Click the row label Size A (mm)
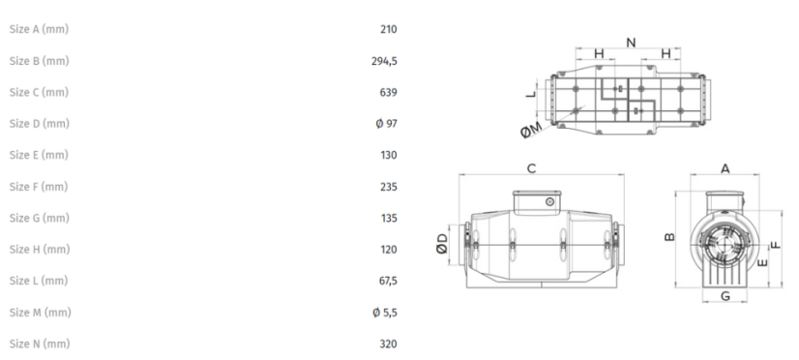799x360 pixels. coord(39,30)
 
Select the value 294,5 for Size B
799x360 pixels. coord(384,61)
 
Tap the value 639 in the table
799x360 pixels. coord(388,93)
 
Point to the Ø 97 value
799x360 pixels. coord(386,124)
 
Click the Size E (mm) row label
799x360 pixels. coord(39,155)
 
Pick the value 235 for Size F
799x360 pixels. coord(388,187)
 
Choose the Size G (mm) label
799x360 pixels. coord(40,219)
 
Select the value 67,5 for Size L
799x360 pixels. coord(388,281)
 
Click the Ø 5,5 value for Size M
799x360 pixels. coord(385,313)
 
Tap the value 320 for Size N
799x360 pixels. coord(388,345)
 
